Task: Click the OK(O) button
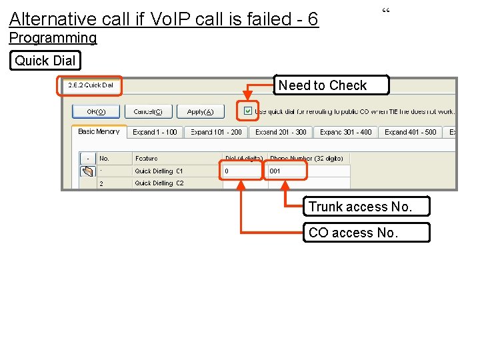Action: click(96, 111)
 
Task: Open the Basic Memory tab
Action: click(99, 132)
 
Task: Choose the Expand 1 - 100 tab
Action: click(155, 132)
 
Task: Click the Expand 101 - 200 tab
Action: click(216, 132)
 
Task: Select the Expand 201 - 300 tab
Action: click(281, 132)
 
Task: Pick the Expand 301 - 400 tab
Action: click(345, 132)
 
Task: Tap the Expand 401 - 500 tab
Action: click(410, 132)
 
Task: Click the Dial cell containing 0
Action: click(241, 171)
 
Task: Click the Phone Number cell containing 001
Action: click(286, 171)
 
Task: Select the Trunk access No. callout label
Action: click(366, 207)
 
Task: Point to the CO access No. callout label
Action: click(366, 233)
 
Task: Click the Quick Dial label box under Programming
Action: click(45, 61)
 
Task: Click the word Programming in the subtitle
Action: click(53, 38)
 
